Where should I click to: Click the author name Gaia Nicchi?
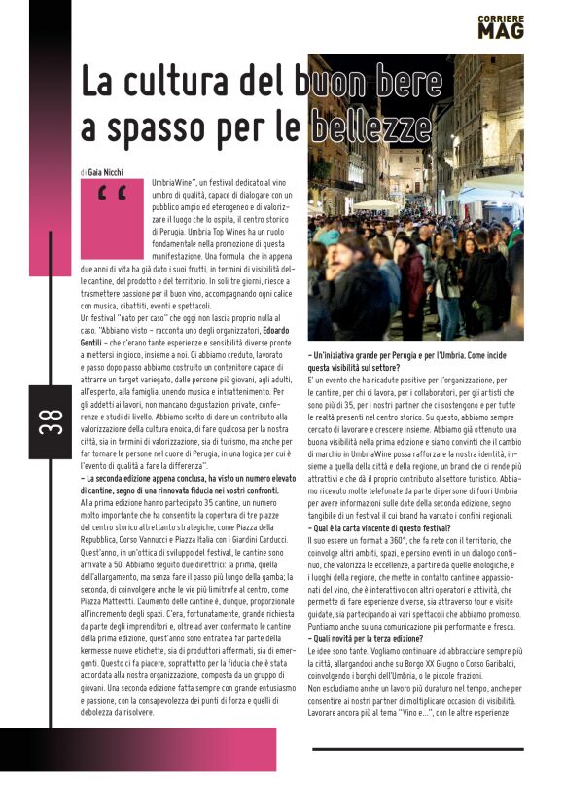[x=109, y=171]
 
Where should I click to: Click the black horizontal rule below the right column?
[x=418, y=749]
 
